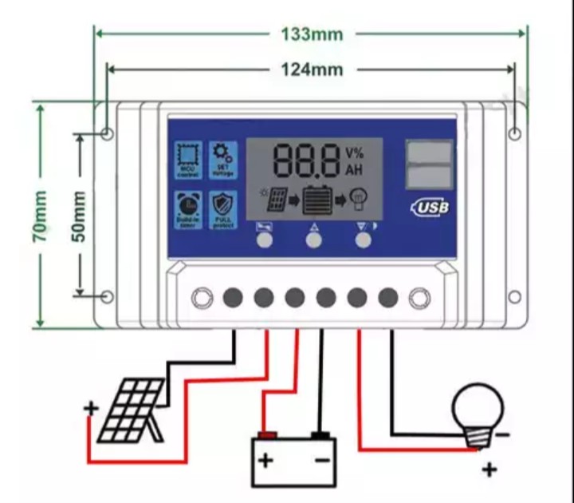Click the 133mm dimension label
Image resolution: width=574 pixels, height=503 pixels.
[x=312, y=34]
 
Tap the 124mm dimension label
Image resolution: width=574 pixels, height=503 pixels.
[x=312, y=69]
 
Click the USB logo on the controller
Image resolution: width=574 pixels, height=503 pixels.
[x=431, y=208]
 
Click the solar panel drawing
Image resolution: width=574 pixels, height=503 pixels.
[x=132, y=411]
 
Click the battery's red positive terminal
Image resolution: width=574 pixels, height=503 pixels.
[x=267, y=436]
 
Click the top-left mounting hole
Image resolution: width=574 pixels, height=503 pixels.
[x=108, y=133]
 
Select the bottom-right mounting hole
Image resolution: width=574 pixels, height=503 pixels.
[x=515, y=297]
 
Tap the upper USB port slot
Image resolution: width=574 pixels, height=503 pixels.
[x=429, y=152]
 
